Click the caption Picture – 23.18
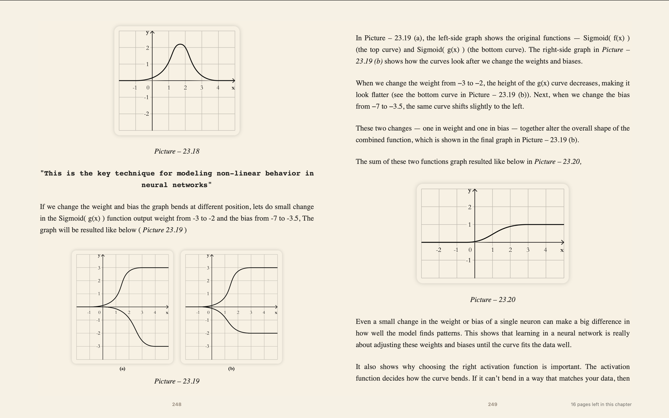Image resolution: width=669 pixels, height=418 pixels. tap(177, 151)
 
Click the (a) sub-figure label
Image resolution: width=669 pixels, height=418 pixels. tap(122, 369)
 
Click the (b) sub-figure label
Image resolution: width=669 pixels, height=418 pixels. tap(231, 369)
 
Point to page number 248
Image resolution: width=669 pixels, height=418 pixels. tap(177, 404)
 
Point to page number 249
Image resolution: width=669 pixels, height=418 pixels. tap(493, 404)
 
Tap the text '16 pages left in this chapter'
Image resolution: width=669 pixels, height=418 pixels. tap(601, 404)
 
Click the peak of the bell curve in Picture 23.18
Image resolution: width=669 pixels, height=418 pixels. tap(180, 44)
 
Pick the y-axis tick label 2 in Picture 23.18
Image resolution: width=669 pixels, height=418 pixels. tap(147, 48)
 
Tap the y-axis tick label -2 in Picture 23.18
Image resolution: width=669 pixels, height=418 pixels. tap(147, 114)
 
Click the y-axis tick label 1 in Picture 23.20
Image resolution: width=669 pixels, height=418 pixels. tap(469, 225)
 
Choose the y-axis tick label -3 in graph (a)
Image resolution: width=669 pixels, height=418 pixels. tap(98, 346)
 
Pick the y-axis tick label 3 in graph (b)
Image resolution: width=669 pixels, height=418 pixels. tap(208, 268)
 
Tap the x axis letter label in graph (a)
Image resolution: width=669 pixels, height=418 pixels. tap(167, 313)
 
